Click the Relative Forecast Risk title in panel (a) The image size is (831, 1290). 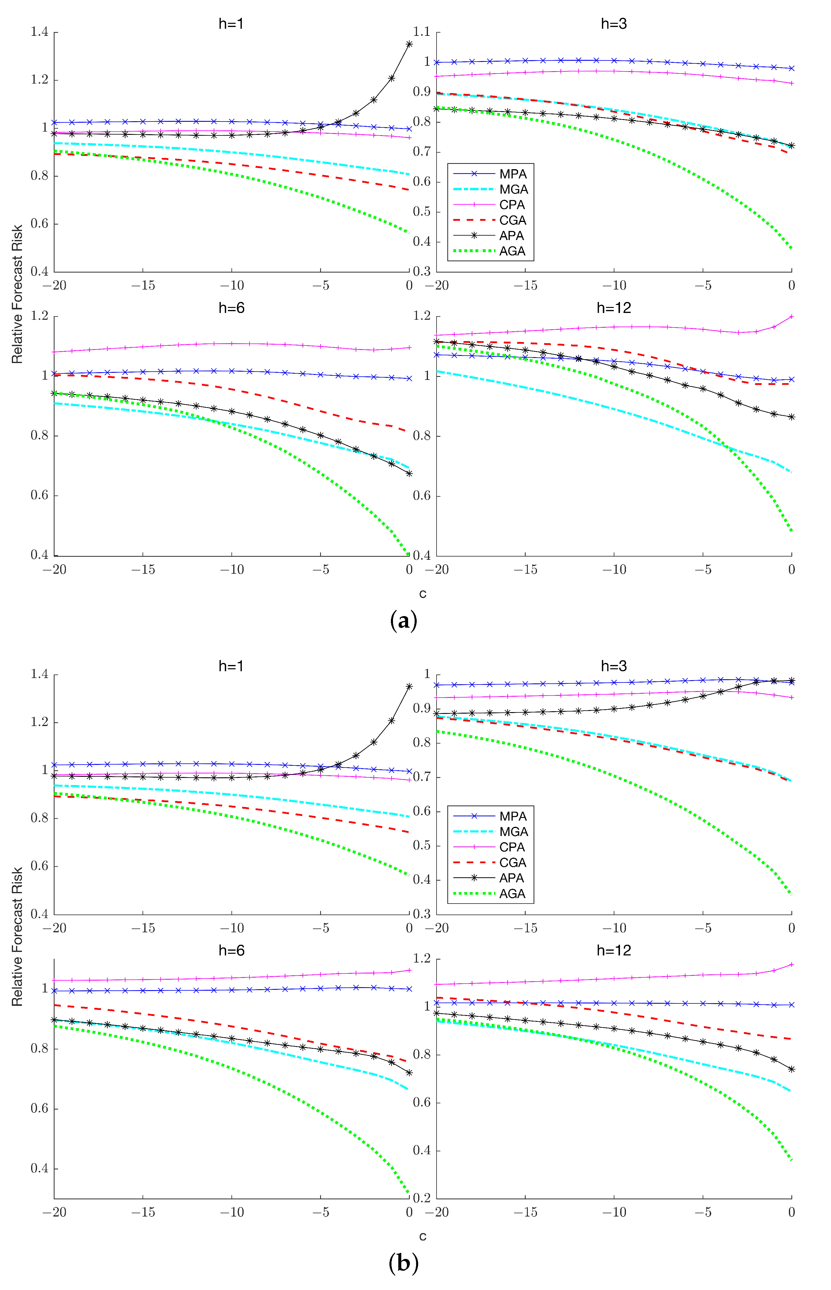[17, 294]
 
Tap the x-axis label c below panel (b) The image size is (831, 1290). [423, 1236]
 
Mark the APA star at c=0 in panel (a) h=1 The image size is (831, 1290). [409, 44]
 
